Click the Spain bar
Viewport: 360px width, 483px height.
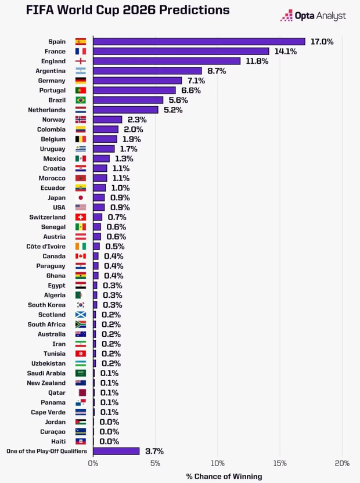(199, 41)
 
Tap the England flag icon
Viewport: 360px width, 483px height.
(81, 61)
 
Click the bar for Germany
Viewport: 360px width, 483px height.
(137, 81)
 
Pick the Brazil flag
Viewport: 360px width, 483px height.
(81, 100)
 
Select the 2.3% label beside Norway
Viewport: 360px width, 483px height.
(136, 120)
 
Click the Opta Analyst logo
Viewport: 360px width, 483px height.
(313, 16)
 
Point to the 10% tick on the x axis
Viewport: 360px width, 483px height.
(217, 463)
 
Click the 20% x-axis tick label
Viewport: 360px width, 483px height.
(341, 463)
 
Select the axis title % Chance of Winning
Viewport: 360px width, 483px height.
(224, 476)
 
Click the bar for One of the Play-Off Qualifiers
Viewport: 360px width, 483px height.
(116, 451)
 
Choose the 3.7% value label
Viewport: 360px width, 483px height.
(154, 451)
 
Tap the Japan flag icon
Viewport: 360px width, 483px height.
(81, 197)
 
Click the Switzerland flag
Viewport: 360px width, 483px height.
(81, 217)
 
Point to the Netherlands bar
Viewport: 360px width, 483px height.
(125, 110)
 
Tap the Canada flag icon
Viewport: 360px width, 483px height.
(81, 256)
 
